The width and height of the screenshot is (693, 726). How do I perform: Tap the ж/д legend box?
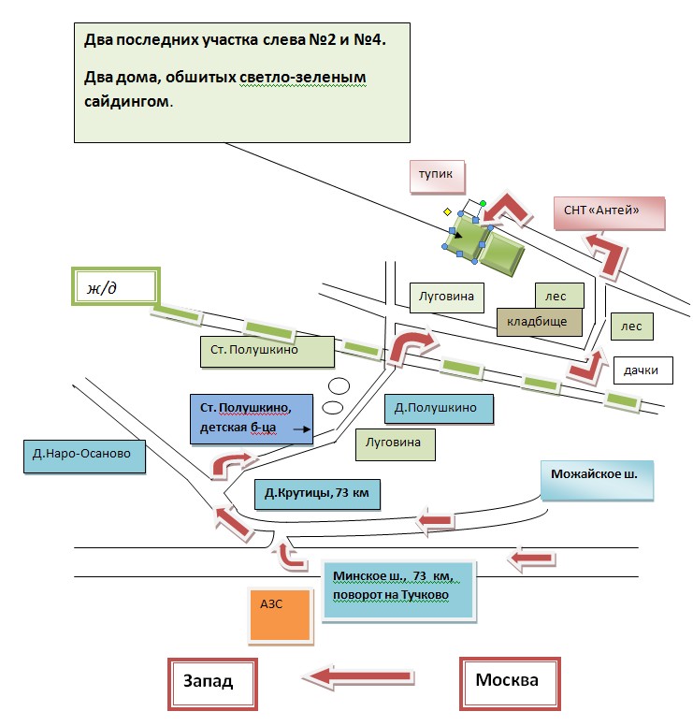click(116, 286)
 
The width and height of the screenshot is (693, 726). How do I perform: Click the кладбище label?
click(538, 322)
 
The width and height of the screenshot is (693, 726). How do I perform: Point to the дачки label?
click(642, 370)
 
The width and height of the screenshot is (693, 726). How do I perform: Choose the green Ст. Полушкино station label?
click(267, 351)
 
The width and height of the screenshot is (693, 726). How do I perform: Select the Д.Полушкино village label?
click(439, 408)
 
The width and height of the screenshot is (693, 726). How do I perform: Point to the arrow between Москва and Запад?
click(360, 675)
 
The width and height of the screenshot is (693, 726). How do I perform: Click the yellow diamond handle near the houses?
click(447, 211)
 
